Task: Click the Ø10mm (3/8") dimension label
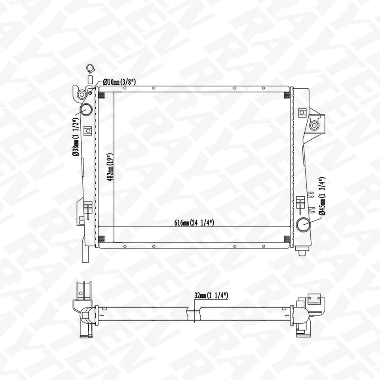click(119, 82)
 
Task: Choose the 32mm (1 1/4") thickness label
click(211, 295)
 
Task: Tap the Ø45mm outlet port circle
click(304, 224)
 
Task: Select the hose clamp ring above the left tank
click(89, 68)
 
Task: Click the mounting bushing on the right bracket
click(314, 125)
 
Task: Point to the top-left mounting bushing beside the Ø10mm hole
click(82, 95)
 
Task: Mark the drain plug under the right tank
click(302, 251)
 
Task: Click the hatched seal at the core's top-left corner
click(101, 95)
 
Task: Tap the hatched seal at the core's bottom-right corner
click(287, 239)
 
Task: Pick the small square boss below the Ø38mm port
click(87, 129)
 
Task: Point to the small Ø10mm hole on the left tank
click(91, 92)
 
